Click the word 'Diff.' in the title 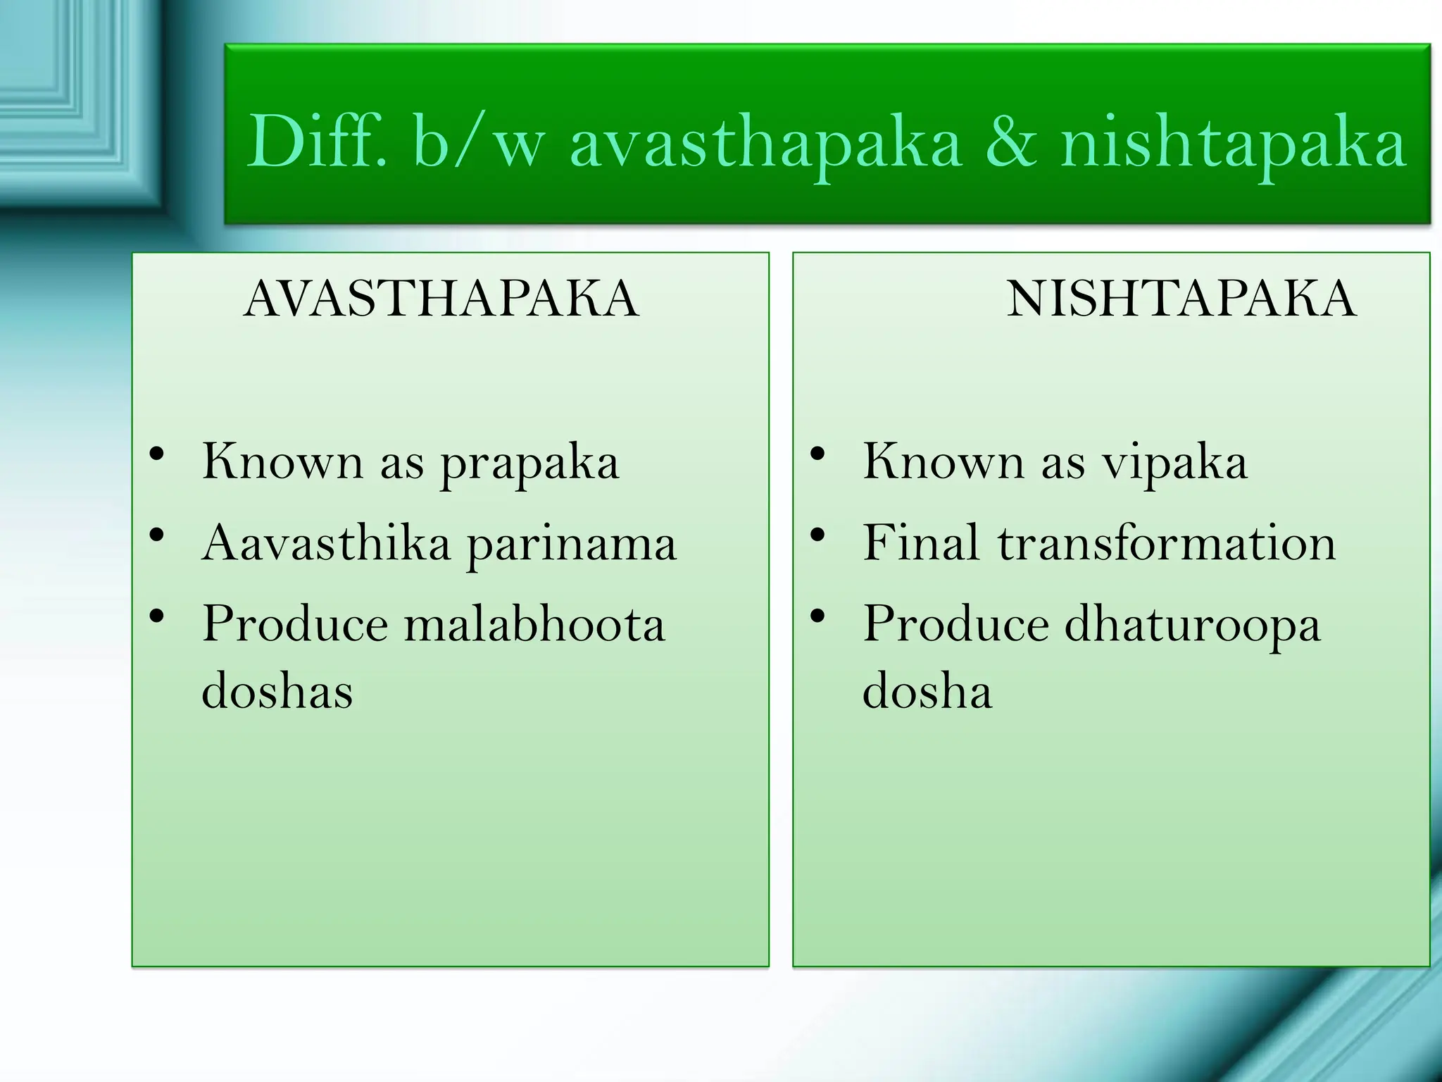click(316, 143)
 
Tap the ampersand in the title click(1010, 143)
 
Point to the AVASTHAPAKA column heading click(441, 299)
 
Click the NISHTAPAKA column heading click(1181, 299)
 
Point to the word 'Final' click(921, 543)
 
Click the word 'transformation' click(1167, 543)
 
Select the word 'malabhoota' click(534, 624)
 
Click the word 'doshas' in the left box click(277, 691)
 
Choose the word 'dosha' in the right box click(927, 691)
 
